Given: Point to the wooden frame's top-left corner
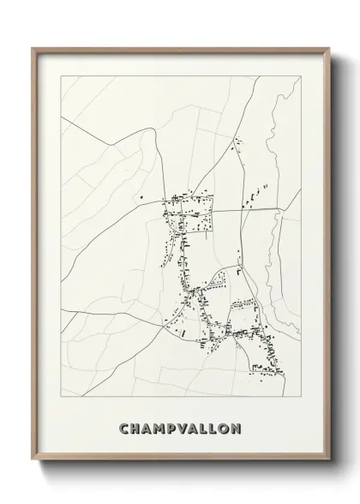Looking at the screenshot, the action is click(34, 49).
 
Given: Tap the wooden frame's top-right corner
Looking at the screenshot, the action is click(327, 49).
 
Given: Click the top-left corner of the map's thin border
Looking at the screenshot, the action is click(62, 75).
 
